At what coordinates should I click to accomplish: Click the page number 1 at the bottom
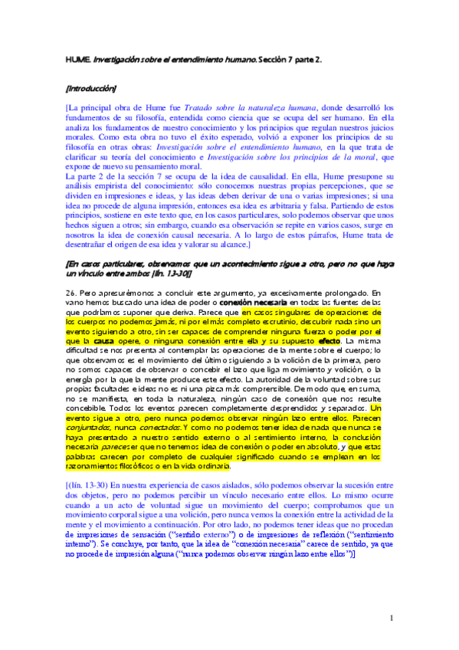tap(391, 617)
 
